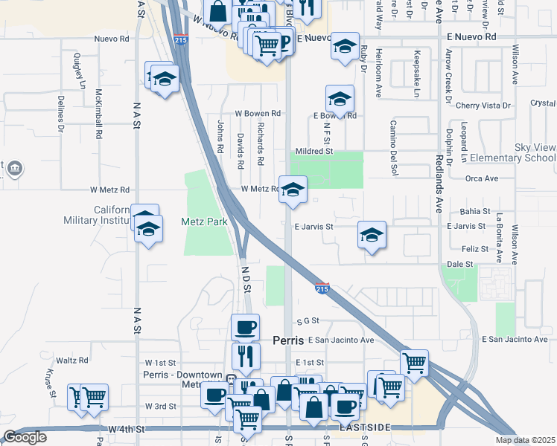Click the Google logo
25,437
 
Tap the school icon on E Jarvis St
372,236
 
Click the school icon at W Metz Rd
293,190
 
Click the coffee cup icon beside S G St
245,327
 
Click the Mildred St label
313,151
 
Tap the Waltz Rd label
72,361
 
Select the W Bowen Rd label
258,114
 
